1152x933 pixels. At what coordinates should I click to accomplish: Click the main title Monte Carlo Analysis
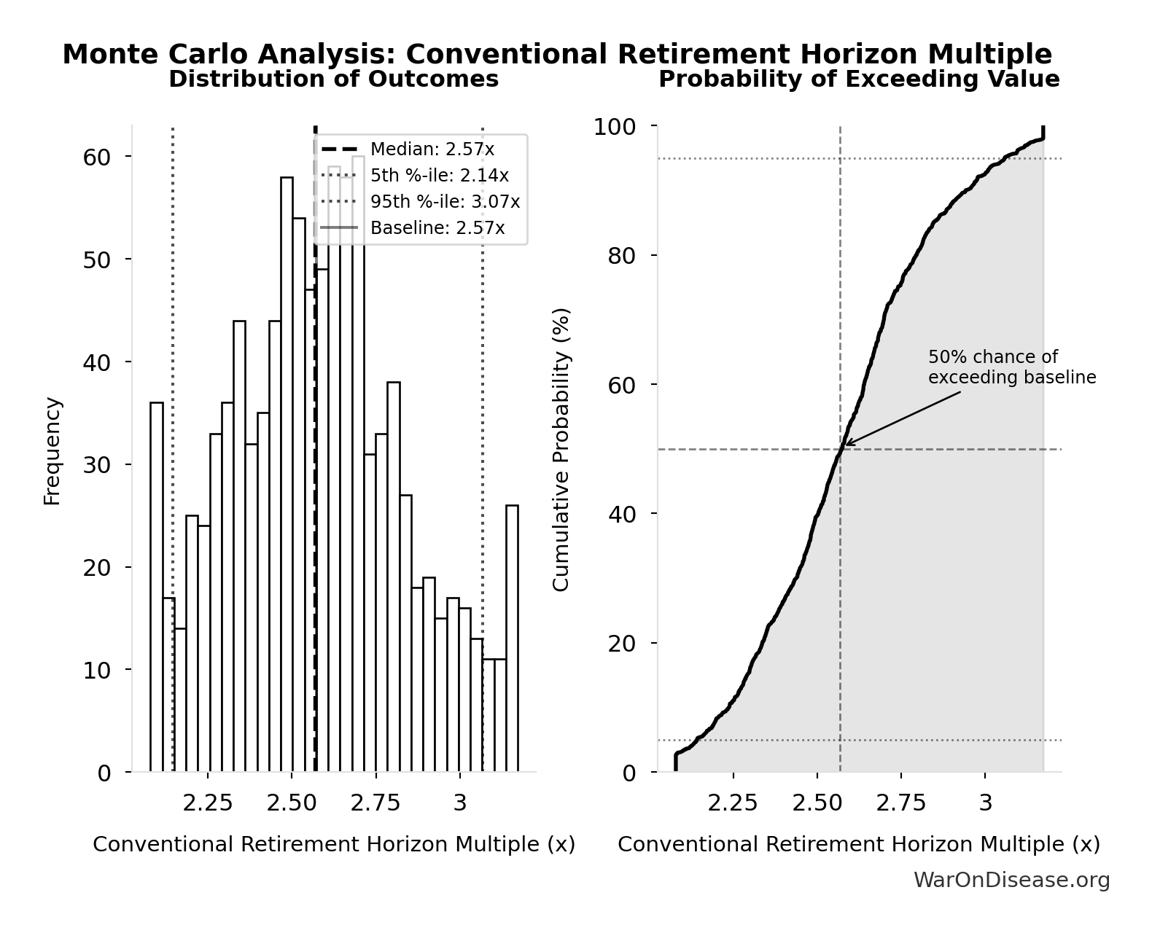557,55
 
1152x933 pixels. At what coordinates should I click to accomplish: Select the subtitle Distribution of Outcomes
334,79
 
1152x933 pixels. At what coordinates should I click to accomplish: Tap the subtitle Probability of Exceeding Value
859,79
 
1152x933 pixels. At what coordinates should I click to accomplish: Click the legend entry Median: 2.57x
432,149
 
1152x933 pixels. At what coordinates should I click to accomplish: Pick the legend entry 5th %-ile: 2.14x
439,176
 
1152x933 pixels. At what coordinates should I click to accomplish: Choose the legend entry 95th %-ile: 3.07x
445,202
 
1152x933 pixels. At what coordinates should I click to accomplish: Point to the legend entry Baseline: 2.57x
437,228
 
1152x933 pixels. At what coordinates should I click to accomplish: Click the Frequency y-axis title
52,450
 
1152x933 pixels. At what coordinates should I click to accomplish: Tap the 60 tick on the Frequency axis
96,157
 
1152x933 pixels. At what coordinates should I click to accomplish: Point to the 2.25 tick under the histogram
208,803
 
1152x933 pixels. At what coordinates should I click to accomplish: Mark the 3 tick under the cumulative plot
985,803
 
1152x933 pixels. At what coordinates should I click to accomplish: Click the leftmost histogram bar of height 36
157,587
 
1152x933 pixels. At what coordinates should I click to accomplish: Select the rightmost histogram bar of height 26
513,639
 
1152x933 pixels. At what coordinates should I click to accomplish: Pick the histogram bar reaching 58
287,474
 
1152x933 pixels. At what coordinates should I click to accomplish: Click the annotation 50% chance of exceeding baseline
1011,367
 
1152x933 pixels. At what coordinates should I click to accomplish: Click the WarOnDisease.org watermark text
1011,881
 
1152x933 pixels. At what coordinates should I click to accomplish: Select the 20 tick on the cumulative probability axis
621,643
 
